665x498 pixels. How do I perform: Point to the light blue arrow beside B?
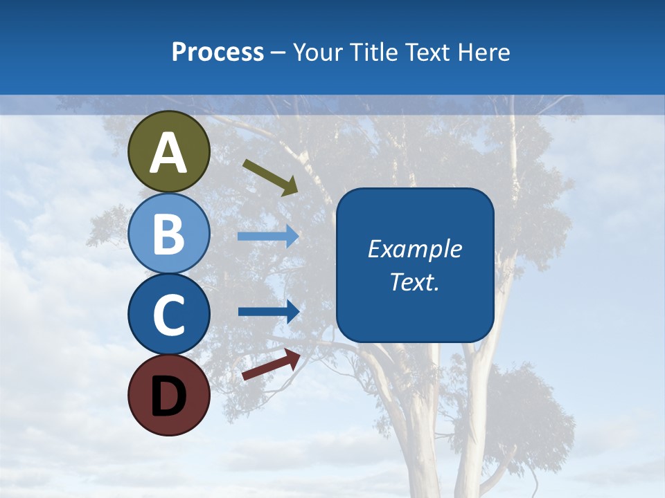click(267, 237)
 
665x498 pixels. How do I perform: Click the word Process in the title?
click(218, 52)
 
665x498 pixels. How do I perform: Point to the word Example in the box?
click(415, 249)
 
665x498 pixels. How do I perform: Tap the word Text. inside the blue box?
click(415, 282)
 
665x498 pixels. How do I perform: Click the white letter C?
click(169, 315)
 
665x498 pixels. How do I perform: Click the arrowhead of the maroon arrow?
click(293, 357)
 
